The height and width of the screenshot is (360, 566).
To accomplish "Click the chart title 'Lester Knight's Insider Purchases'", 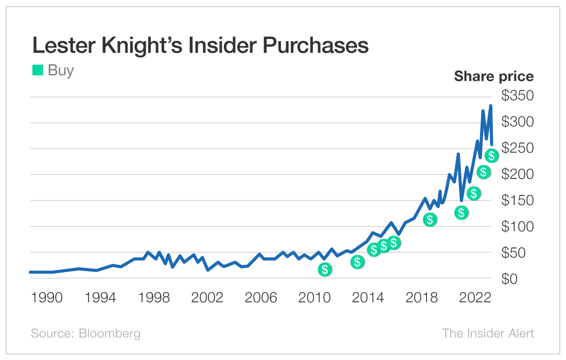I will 200,45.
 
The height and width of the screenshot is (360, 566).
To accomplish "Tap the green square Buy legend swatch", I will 38,70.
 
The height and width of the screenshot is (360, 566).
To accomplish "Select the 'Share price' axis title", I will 493,77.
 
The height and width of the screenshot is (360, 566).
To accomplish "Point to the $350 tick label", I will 518,96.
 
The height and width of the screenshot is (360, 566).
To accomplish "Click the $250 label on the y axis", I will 518,148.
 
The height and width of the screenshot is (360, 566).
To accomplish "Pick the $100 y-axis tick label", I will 518,226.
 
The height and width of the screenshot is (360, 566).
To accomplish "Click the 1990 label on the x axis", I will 47,298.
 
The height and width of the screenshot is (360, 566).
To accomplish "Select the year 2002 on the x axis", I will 207,298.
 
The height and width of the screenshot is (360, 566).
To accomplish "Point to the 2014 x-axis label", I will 368,298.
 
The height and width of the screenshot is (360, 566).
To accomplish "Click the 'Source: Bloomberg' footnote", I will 85,333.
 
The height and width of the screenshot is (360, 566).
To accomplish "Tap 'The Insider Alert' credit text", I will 488,333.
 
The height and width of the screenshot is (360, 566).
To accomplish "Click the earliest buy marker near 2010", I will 325,269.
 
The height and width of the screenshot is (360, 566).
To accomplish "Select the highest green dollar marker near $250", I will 491,155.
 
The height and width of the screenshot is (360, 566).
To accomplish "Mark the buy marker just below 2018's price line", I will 430,220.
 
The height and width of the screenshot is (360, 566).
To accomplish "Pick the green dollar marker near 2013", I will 358,262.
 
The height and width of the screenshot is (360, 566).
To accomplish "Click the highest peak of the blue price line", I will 490,105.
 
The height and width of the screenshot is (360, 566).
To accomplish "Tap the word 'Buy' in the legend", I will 61,70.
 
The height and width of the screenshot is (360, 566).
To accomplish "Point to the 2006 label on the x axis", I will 260,298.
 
